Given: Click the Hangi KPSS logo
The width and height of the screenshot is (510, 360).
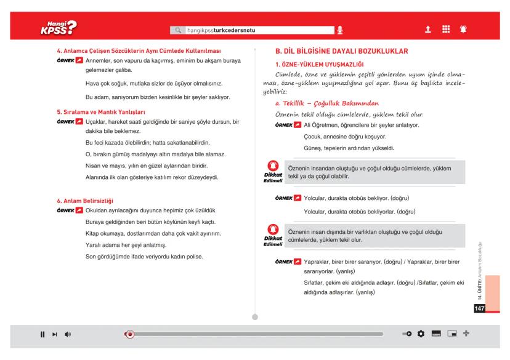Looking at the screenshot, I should [x=59, y=28].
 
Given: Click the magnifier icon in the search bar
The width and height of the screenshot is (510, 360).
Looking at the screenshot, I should [x=178, y=29].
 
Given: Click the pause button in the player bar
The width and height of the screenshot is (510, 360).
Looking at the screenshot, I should [x=43, y=334].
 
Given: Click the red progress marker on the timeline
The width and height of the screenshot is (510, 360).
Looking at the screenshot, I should [x=129, y=334].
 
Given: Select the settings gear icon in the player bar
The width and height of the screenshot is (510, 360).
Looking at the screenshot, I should [x=421, y=334].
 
